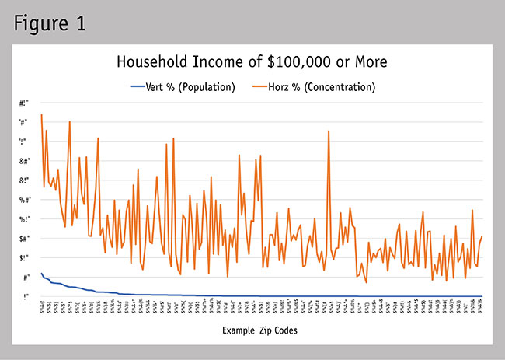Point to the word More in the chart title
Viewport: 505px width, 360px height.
tap(368, 61)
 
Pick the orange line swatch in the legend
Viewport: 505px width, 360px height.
tap(268, 86)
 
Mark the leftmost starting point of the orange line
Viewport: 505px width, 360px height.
tap(41, 114)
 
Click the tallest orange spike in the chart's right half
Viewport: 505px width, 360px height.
tap(329, 131)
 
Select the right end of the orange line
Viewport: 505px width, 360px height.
tap(482, 236)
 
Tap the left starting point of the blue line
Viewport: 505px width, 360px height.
tap(41, 273)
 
